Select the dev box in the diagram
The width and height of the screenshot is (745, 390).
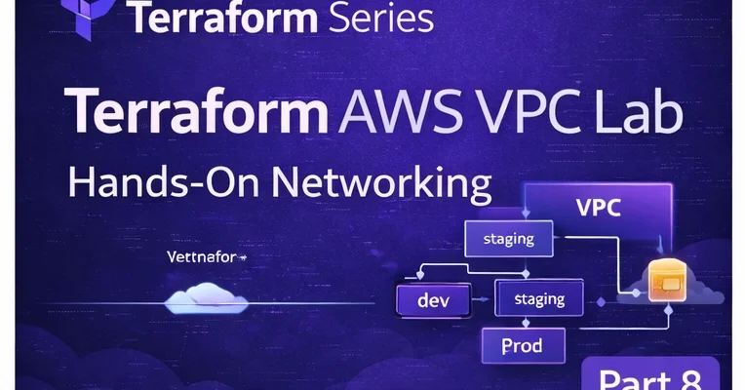(x=432, y=301)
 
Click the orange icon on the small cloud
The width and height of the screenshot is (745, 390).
(x=666, y=280)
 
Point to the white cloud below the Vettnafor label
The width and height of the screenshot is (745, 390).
(x=202, y=295)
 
